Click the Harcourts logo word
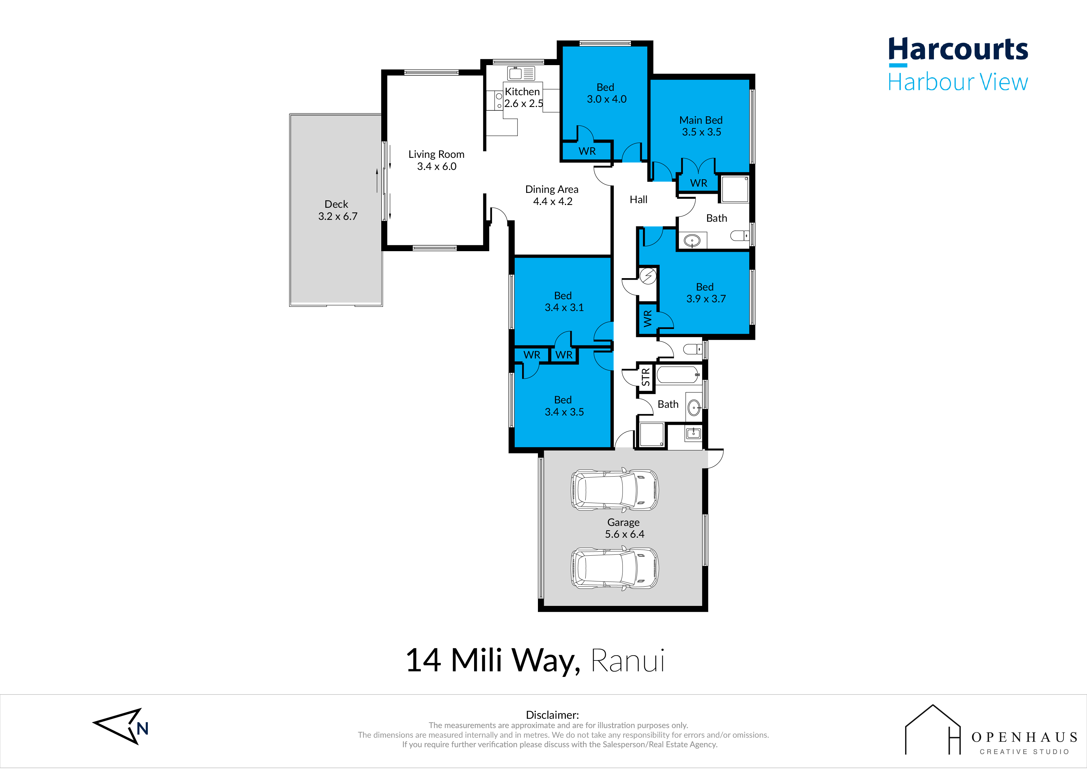click(958, 50)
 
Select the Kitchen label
click(522, 91)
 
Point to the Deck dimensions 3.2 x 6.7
click(337, 216)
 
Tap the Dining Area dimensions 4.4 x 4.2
click(552, 201)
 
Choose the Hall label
click(638, 199)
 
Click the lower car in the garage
click(614, 568)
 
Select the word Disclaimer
click(552, 715)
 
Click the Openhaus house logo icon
click(933, 730)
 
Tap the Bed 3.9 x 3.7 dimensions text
click(706, 299)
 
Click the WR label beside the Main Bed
click(698, 183)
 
